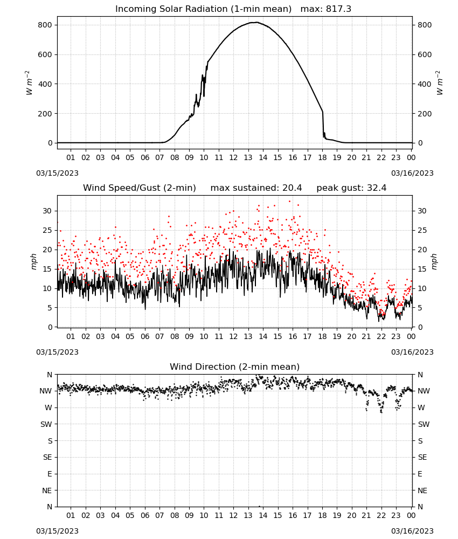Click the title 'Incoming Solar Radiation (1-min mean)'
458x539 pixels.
click(203, 9)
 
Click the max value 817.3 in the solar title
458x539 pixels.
click(338, 9)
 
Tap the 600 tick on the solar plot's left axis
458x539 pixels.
click(45, 54)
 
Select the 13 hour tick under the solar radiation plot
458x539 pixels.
click(248, 157)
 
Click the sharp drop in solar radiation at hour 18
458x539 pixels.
click(323, 124)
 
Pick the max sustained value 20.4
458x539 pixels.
click(292, 188)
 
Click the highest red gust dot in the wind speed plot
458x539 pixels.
click(290, 202)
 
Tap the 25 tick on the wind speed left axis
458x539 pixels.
click(47, 230)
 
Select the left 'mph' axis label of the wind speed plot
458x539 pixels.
click(33, 261)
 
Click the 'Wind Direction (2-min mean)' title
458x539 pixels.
click(235, 367)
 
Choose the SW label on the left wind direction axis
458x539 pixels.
click(46, 424)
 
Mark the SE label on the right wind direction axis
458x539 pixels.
click(422, 457)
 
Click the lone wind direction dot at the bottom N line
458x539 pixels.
click(259, 506)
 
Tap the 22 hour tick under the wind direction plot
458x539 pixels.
click(381, 515)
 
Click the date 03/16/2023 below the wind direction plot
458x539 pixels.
click(412, 531)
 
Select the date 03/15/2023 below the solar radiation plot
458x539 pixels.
click(57, 173)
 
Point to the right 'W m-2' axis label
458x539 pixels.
click(440, 83)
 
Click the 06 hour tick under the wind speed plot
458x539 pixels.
click(145, 336)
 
